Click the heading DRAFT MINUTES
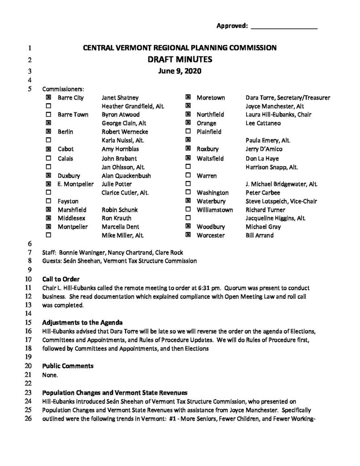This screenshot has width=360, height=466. pyautogui.click(x=180, y=59)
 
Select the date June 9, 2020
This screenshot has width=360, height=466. pyautogui.click(x=180, y=71)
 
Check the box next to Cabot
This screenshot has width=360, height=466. pyautogui.click(x=48, y=149)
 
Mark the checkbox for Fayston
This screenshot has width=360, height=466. pyautogui.click(x=48, y=201)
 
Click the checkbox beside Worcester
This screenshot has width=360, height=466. pyautogui.click(x=188, y=235)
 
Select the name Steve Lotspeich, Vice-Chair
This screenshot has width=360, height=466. pyautogui.click(x=281, y=201)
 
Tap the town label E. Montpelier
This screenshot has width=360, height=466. pyautogui.click(x=76, y=184)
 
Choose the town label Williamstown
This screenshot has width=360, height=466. pyautogui.click(x=215, y=210)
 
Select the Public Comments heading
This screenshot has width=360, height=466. pyautogui.click(x=68, y=365)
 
